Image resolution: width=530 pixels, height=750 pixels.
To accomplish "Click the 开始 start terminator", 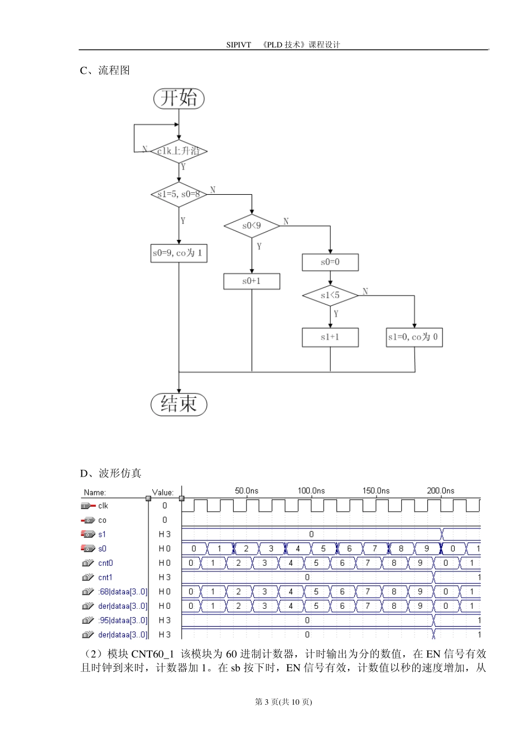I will click(179, 99).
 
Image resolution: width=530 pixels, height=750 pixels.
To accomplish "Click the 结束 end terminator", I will click(179, 404).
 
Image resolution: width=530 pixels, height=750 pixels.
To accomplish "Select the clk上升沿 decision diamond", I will click(179, 151).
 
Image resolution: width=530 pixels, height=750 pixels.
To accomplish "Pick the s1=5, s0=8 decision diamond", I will click(179, 194).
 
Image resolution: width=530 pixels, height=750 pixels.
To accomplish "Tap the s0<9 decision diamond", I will click(252, 226).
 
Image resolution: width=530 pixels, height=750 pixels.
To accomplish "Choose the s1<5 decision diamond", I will click(330, 295).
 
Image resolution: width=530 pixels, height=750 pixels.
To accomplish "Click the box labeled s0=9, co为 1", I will click(179, 253).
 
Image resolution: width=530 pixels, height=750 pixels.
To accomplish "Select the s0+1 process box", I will click(252, 281).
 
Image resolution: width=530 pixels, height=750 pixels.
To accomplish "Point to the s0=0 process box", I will click(330, 262).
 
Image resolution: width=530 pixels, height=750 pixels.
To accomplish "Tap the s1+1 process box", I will click(330, 337).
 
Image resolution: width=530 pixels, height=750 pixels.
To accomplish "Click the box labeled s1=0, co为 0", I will click(414, 337).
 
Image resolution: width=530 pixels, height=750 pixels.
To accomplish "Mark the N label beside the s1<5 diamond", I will click(365, 291).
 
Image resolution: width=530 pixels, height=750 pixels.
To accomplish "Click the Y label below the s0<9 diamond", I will click(259, 246).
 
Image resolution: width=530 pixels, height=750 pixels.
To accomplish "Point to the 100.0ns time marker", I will click(311, 491).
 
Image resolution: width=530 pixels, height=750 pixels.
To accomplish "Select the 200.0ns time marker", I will click(440, 491).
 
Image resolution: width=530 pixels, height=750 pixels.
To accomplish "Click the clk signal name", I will click(103, 506).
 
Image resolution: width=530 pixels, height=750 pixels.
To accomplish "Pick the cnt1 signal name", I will click(105, 578).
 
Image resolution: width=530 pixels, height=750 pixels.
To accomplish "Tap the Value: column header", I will click(163, 492).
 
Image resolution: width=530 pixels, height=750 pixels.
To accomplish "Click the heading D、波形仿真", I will click(110, 473).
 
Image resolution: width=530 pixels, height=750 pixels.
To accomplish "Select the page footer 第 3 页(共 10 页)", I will click(283, 702).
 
